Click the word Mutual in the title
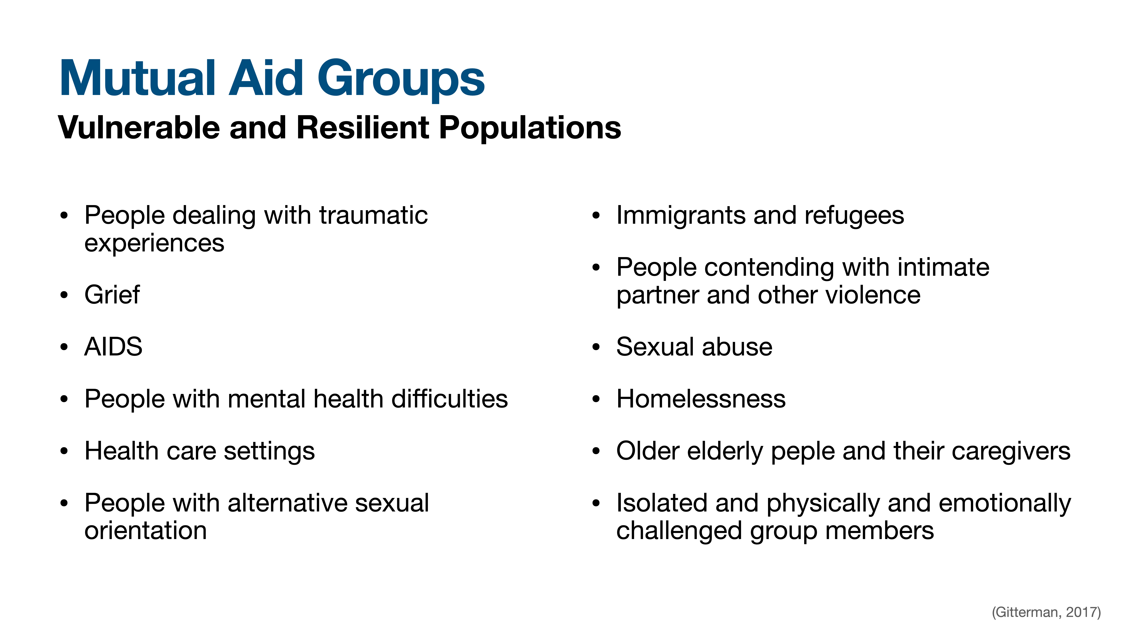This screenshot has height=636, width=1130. tap(137, 79)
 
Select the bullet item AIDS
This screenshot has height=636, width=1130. tap(113, 347)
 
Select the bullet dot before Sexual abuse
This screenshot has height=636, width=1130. tap(595, 347)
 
